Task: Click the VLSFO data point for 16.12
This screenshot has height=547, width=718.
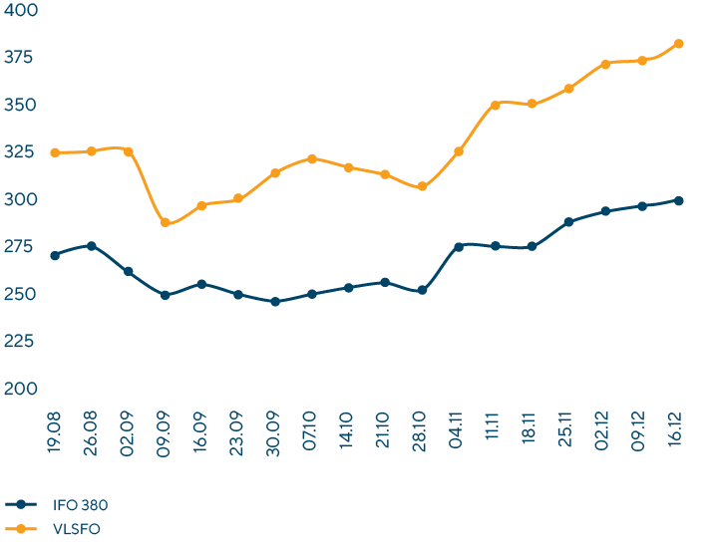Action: pyautogui.click(x=678, y=44)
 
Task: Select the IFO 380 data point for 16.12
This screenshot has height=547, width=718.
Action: pyautogui.click(x=678, y=200)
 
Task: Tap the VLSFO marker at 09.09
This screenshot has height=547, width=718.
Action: pyautogui.click(x=165, y=222)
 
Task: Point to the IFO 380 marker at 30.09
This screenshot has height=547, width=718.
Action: pyautogui.click(x=275, y=301)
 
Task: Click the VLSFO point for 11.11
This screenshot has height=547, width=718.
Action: pyautogui.click(x=496, y=105)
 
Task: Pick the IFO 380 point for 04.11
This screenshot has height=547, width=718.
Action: pyautogui.click(x=459, y=246)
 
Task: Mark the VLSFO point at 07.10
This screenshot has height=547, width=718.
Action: pyautogui.click(x=312, y=159)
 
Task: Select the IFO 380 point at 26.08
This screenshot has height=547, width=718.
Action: pyautogui.click(x=92, y=245)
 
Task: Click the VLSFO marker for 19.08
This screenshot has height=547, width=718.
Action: pyautogui.click(x=55, y=152)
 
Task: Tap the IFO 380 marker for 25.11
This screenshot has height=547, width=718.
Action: pyautogui.click(x=568, y=222)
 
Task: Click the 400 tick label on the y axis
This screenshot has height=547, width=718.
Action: pyautogui.click(x=21, y=11)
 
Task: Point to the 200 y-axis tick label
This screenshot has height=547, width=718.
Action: pyautogui.click(x=21, y=389)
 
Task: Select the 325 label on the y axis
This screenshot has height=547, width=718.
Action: pyautogui.click(x=21, y=152)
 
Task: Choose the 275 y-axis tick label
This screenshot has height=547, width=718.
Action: pyautogui.click(x=21, y=247)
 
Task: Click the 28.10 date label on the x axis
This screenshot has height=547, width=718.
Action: pyautogui.click(x=422, y=426)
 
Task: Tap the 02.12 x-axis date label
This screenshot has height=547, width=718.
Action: pyautogui.click(x=605, y=426)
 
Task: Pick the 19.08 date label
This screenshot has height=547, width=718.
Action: pyautogui.click(x=55, y=426)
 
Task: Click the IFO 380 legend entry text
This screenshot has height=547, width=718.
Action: pyautogui.click(x=80, y=505)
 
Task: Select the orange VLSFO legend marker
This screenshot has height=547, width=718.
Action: pyautogui.click(x=22, y=529)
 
